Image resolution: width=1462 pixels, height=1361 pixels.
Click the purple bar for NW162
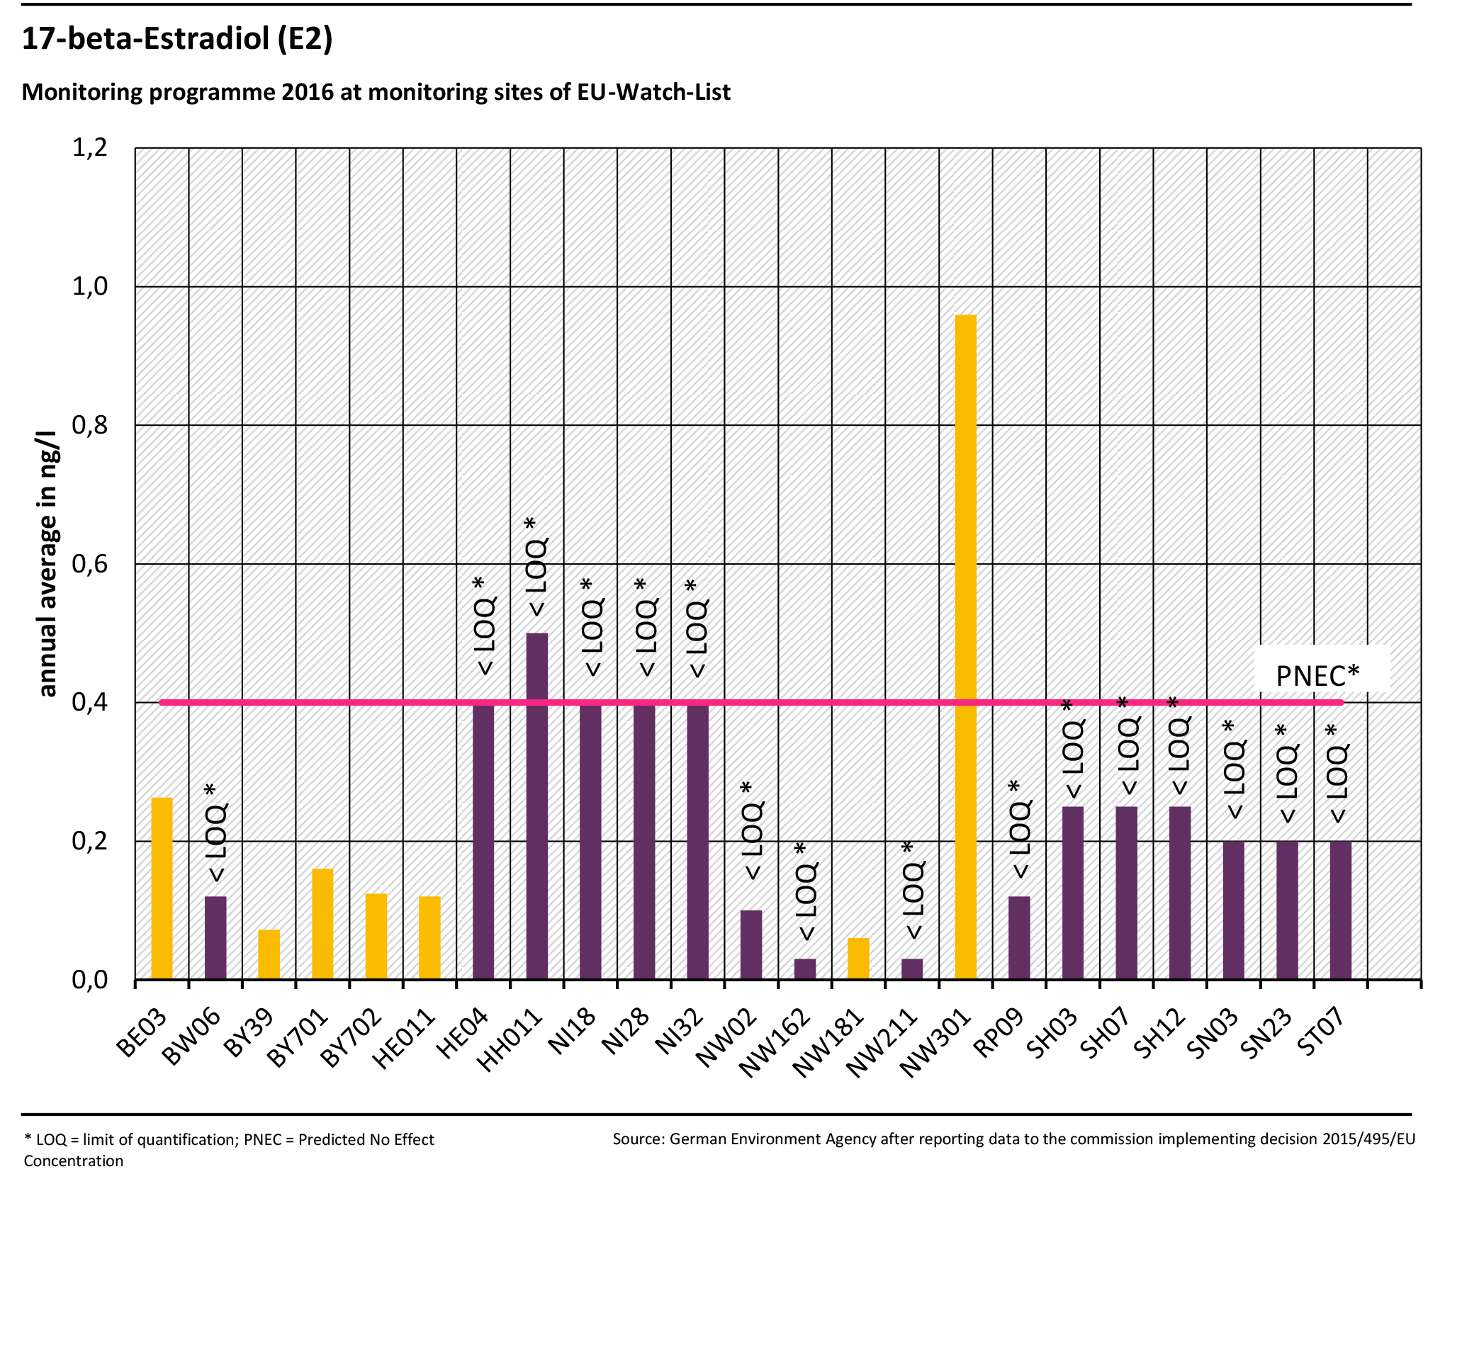click(x=804, y=968)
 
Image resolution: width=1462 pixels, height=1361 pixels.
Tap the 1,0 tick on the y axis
click(x=90, y=287)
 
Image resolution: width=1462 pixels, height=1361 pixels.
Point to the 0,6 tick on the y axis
click(x=90, y=564)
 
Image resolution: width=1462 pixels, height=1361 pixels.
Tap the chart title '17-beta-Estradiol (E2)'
click(x=177, y=38)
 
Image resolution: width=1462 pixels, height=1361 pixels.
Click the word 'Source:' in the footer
click(x=639, y=1139)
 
